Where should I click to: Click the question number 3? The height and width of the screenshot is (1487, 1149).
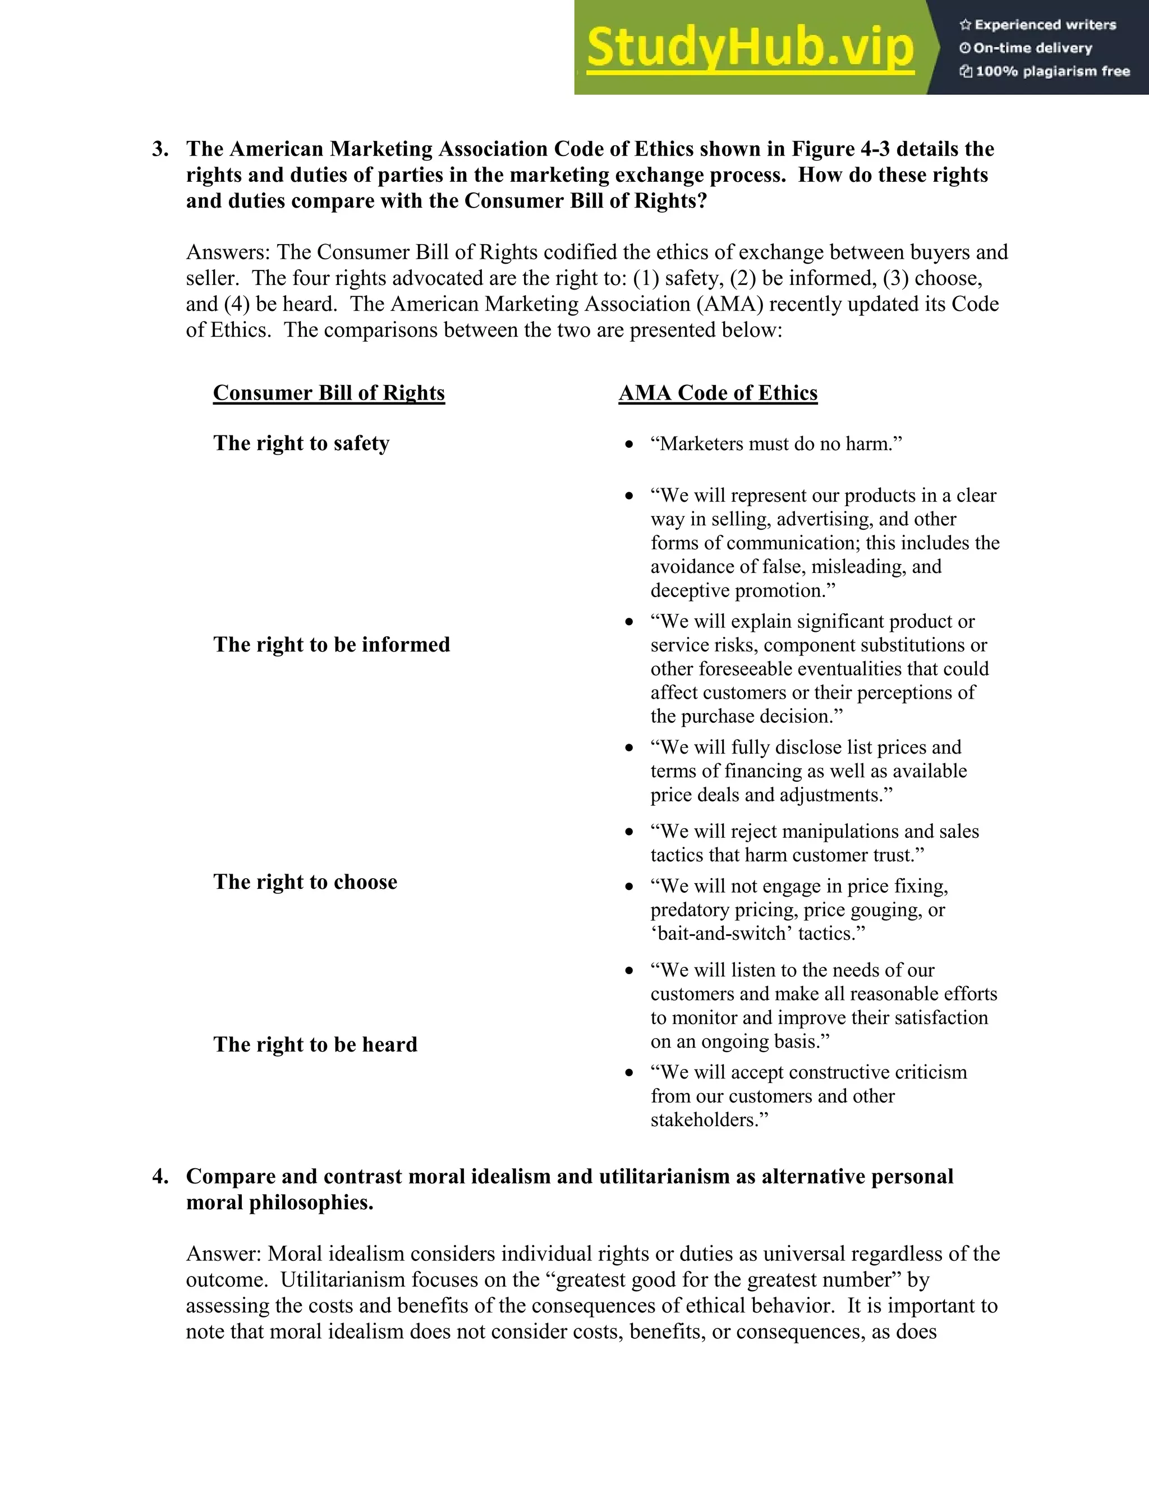[x=160, y=149]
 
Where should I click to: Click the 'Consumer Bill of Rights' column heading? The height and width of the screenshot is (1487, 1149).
[x=329, y=393]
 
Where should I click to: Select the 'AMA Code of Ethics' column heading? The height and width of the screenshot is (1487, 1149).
[x=718, y=393]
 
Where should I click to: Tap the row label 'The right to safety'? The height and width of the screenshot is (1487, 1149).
[x=301, y=443]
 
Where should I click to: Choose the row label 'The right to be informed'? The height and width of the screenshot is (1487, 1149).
[x=332, y=644]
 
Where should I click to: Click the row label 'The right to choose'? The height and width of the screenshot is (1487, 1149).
[x=305, y=882]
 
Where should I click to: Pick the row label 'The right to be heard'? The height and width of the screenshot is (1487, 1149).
[x=315, y=1044]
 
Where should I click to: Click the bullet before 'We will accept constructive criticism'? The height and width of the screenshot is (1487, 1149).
[x=629, y=1073]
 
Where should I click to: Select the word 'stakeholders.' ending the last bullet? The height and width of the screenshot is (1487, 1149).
[x=709, y=1120]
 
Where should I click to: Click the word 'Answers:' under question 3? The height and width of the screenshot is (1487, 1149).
[x=229, y=253]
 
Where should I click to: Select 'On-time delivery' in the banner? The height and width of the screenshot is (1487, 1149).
[x=1032, y=48]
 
